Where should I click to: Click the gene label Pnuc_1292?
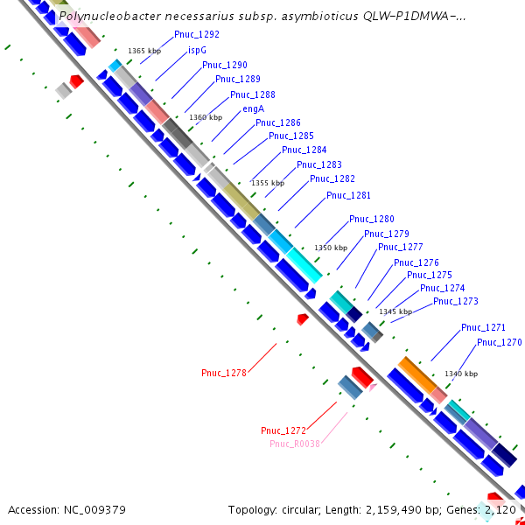click(197, 34)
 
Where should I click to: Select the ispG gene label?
click(197, 50)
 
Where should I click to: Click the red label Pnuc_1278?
click(224, 373)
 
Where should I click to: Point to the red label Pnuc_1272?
click(283, 430)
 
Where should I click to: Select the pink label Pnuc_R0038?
click(295, 444)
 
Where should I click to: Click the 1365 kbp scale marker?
click(144, 51)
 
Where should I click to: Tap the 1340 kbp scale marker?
click(461, 374)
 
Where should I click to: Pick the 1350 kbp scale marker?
click(331, 248)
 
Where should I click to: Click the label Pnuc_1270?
click(499, 342)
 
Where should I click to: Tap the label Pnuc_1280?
click(371, 219)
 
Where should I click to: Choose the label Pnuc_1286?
click(278, 122)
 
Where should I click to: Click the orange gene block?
click(416, 374)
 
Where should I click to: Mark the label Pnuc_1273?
click(456, 301)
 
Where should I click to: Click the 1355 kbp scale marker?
click(268, 183)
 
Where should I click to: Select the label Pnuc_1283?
click(318, 164)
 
